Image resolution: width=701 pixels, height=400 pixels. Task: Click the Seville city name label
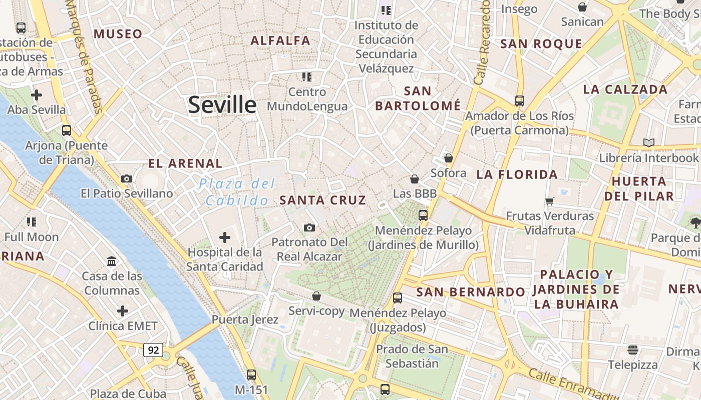coord(222,105)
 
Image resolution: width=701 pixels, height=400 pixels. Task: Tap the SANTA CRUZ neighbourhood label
coord(323,200)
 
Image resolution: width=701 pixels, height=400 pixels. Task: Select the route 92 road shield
coord(153,350)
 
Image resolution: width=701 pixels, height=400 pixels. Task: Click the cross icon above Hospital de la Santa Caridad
coord(225,237)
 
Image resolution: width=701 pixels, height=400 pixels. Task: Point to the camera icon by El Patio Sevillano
coord(127,178)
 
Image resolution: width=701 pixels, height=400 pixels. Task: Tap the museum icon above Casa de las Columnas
coord(112,261)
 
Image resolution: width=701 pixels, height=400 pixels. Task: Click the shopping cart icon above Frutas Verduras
coord(550,201)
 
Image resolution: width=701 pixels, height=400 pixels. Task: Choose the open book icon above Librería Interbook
coord(649,143)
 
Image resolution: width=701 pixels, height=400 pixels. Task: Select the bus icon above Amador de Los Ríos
coord(520,100)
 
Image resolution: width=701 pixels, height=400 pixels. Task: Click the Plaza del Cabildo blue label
coord(237,192)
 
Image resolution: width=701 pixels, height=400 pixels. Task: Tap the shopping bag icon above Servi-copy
coord(316,296)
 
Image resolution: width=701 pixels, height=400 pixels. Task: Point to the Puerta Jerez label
coord(245,319)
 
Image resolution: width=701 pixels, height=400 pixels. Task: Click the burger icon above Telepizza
coord(633,349)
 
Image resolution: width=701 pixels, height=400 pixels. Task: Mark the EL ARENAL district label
coord(185,163)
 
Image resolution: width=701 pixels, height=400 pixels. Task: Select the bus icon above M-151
coord(251,374)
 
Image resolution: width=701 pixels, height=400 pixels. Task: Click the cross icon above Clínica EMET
coord(123,311)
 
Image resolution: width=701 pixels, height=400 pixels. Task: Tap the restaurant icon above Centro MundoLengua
coord(307,77)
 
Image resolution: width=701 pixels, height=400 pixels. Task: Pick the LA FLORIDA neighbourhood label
coord(517,174)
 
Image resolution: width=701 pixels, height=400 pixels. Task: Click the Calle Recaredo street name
coord(482,42)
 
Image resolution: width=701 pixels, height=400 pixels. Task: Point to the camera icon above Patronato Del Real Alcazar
coord(309,227)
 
